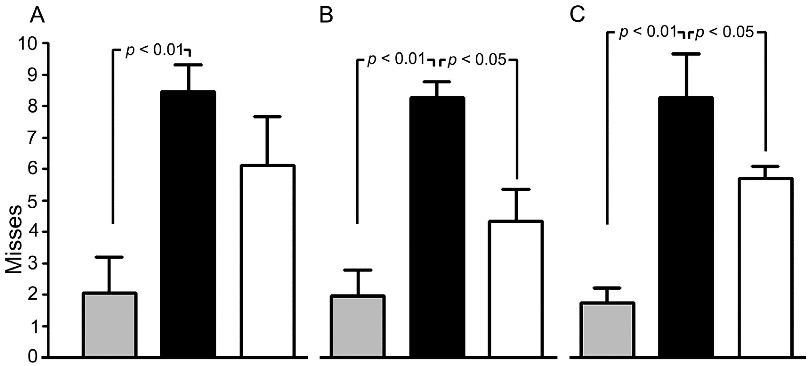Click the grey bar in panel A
109,325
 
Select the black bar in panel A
188,224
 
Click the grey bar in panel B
358,327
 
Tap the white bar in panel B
516,289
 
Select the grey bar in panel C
607,330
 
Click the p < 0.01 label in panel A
154,50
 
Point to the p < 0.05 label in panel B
477,60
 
